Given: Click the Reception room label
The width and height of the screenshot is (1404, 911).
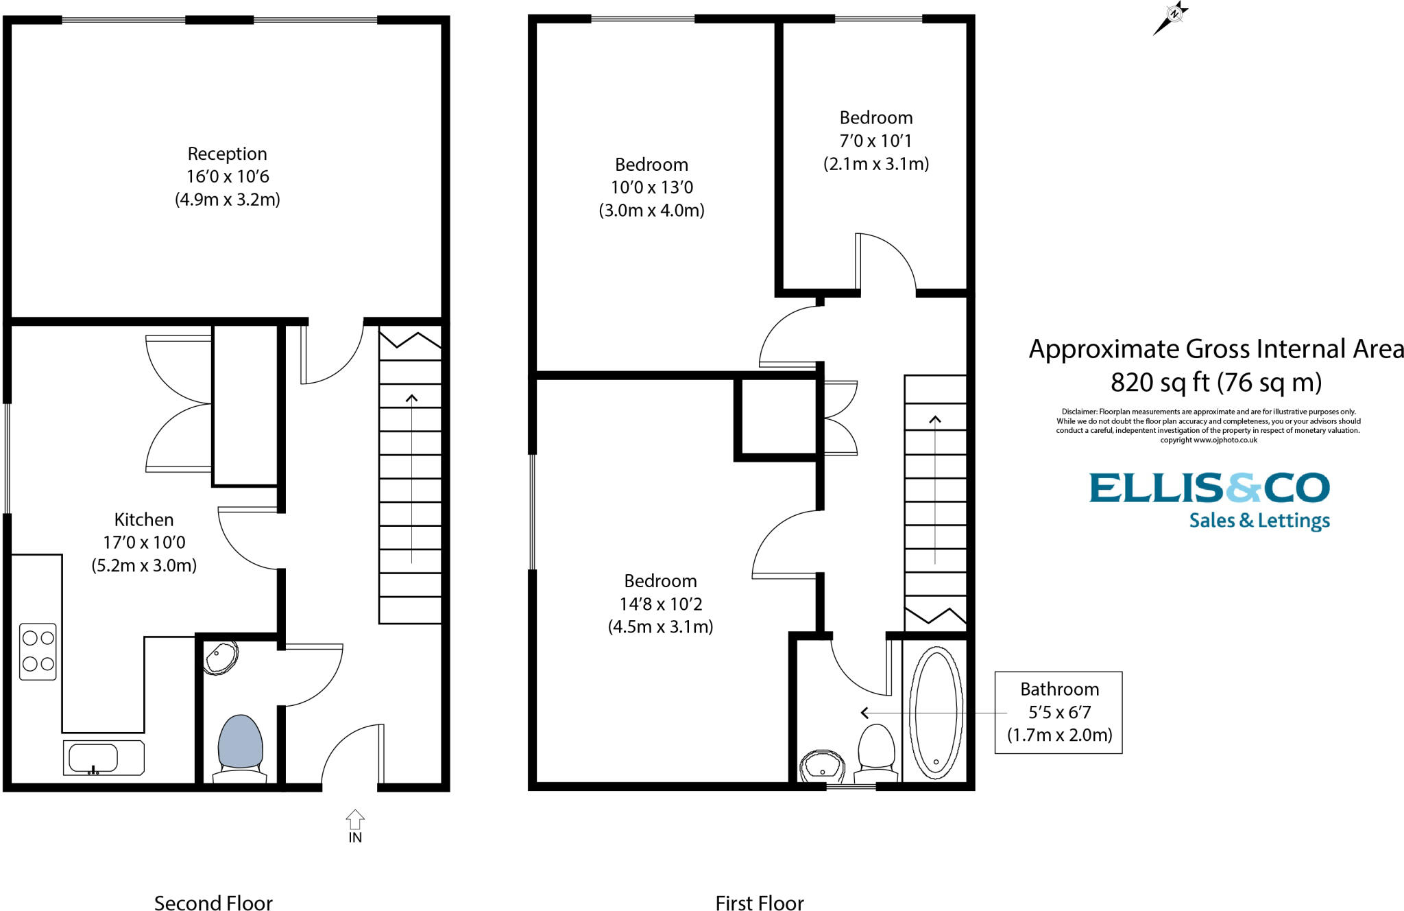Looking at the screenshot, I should point(227,154).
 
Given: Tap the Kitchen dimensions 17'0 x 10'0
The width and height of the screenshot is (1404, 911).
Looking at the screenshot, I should point(144,543).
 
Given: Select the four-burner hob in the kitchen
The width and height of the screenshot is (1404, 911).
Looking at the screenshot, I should point(38,651).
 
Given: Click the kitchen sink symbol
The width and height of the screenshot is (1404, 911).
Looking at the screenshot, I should point(103,758).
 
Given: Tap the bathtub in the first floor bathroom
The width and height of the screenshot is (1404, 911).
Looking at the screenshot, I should point(935,712).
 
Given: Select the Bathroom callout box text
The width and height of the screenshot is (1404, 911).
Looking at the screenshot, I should point(1058,712).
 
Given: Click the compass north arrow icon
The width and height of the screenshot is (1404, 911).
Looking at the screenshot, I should point(1171,17).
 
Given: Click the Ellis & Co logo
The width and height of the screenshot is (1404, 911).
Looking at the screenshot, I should point(1209,488).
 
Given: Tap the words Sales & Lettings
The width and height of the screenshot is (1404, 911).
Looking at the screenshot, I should point(1259,521).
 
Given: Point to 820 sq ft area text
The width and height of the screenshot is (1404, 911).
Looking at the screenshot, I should point(1215,383).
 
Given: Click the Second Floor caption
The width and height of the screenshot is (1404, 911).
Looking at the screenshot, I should point(213,902).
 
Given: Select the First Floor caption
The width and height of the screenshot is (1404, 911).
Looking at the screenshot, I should point(759,902).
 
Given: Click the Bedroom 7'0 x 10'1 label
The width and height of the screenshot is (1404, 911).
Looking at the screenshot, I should point(875,141).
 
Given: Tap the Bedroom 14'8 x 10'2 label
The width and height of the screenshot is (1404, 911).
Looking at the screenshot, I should point(660,604).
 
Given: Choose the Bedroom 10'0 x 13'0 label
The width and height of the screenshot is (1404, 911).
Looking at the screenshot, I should point(651,187).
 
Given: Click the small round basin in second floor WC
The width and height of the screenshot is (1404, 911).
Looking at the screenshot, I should point(221,657).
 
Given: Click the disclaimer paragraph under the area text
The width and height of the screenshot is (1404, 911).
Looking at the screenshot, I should point(1208,426).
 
